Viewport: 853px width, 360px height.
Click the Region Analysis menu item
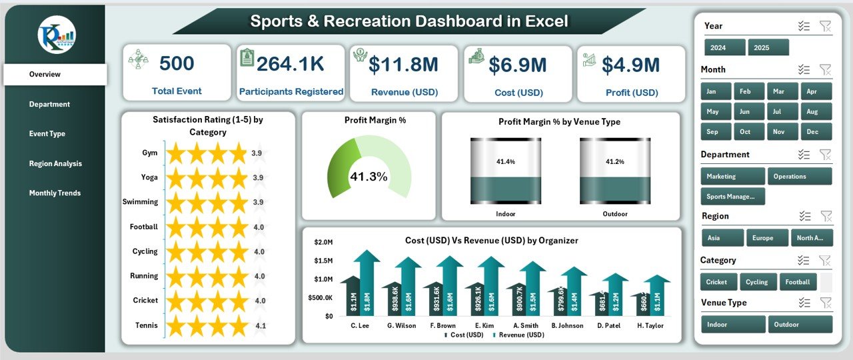55,163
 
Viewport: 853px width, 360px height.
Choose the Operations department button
799,177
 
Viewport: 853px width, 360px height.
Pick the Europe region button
762,238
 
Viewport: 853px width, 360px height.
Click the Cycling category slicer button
756,282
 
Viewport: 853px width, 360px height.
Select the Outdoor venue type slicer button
799,325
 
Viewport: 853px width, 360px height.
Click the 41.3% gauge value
369,177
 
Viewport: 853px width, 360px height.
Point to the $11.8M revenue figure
403,65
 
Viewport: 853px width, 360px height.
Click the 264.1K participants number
291,64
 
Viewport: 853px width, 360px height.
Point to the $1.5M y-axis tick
324,261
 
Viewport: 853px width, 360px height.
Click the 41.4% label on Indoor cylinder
505,161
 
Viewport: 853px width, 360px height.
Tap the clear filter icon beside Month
825,69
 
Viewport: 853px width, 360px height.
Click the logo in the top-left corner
56,35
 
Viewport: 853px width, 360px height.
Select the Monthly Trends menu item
55,193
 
